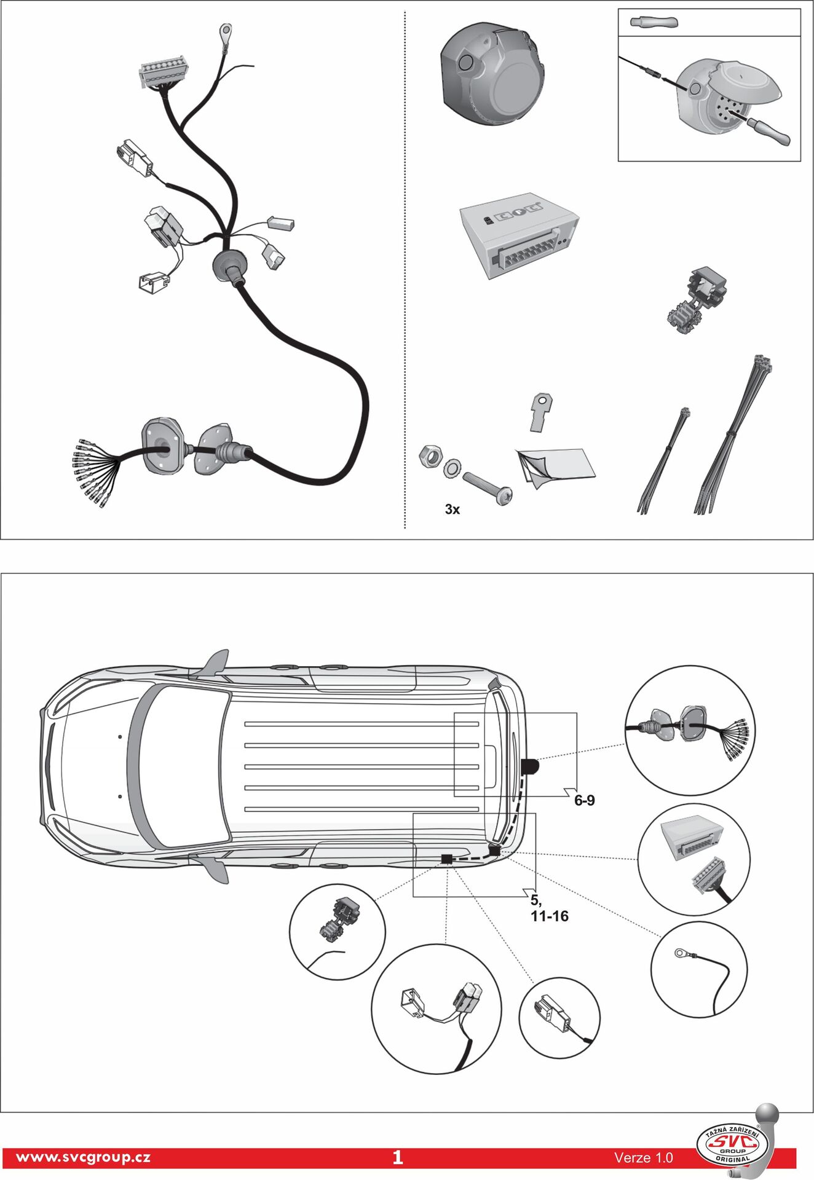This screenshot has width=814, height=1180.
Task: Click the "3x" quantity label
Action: point(452,509)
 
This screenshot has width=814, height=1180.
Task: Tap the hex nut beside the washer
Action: point(430,456)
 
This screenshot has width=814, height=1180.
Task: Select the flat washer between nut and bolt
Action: point(452,467)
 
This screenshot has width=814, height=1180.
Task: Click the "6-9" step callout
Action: point(584,800)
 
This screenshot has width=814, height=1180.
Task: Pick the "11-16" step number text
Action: point(550,916)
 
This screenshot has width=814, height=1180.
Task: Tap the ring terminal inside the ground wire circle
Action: point(681,953)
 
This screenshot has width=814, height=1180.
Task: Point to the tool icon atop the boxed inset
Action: point(654,22)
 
